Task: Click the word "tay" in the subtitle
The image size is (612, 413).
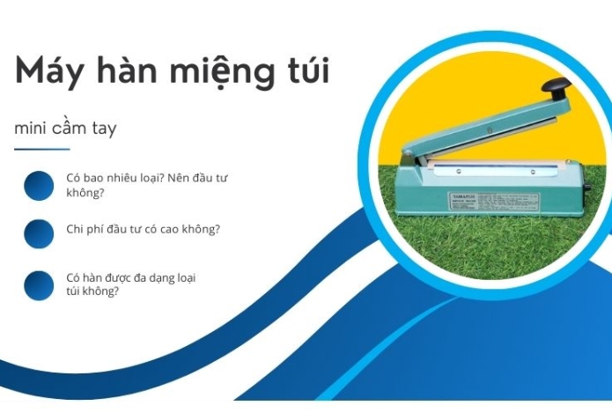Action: (x=103, y=129)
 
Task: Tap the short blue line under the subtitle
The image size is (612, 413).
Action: (x=41, y=149)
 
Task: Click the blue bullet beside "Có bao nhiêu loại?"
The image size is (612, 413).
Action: (x=39, y=185)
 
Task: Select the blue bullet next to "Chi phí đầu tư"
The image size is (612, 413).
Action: (x=39, y=233)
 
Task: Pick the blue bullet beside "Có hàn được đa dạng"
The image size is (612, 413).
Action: (x=39, y=284)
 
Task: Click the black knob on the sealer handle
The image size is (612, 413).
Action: (x=554, y=87)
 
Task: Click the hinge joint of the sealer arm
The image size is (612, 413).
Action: (x=414, y=159)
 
